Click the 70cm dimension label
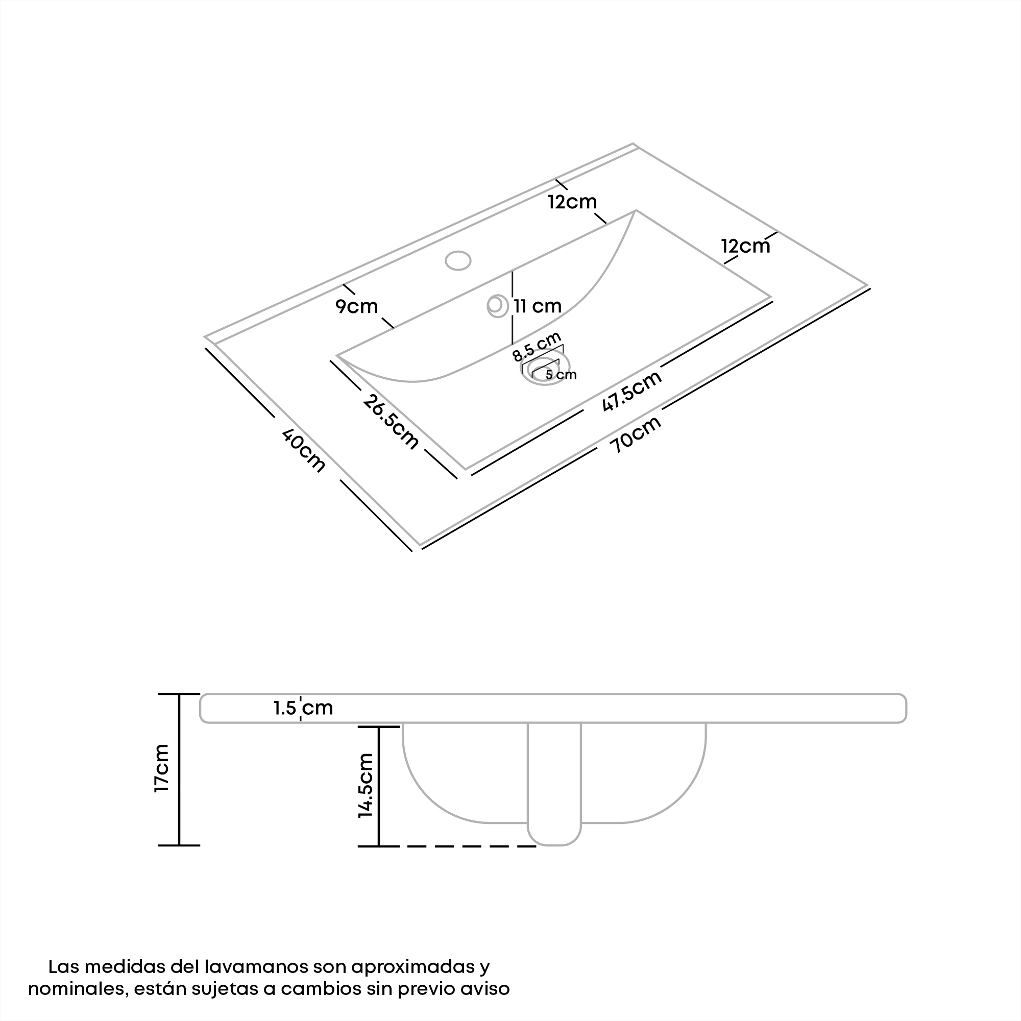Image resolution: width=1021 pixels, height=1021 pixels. [635, 434]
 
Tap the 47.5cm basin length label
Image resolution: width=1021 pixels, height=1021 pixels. [632, 391]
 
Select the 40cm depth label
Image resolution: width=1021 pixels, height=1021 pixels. [303, 450]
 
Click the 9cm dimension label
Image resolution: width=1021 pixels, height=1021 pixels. [357, 306]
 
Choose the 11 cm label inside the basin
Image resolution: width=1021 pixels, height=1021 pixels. [538, 306]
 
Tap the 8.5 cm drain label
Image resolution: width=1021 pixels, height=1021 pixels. [537, 347]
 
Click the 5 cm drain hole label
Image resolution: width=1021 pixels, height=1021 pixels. [561, 375]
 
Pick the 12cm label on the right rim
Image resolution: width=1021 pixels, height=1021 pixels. [746, 246]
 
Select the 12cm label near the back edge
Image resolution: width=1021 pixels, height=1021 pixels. [572, 201]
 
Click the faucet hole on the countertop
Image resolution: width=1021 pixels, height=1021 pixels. [457, 260]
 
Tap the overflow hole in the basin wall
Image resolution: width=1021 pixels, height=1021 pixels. [497, 306]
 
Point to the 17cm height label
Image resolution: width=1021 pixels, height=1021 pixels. [161, 768]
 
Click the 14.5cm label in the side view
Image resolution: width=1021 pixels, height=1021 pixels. [366, 786]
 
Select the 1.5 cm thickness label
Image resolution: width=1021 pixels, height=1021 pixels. [303, 708]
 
